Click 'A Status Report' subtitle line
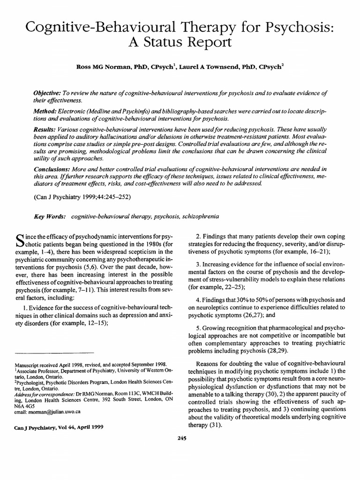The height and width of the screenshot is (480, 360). pos(180,43)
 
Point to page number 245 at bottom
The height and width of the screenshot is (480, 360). pos(180,438)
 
